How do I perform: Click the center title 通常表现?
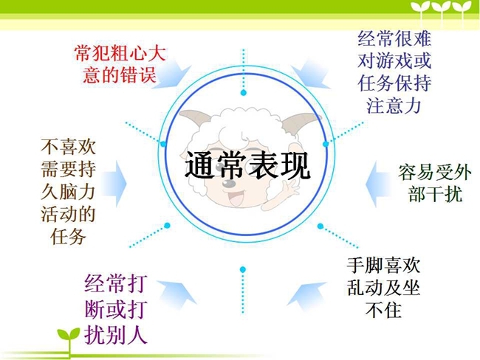pyautogui.click(x=247, y=166)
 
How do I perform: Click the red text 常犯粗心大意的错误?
pyautogui.click(x=120, y=64)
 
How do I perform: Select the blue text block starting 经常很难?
pyautogui.click(x=394, y=72)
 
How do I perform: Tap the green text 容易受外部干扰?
pyautogui.click(x=434, y=183)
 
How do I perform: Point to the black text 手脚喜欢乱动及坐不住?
pyautogui.click(x=383, y=288)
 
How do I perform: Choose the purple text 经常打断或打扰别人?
pyautogui.click(x=116, y=309)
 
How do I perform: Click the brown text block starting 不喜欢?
pyautogui.click(x=68, y=192)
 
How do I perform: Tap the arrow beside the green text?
pyautogui.click(x=378, y=184)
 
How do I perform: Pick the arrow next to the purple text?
pyautogui.click(x=177, y=293)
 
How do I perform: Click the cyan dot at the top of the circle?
pyautogui.click(x=244, y=93)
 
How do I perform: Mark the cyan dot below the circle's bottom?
pyautogui.click(x=243, y=269)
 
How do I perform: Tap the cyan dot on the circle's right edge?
pyautogui.click(x=326, y=144)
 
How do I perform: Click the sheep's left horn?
pyautogui.click(x=193, y=118)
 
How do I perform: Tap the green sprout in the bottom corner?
pyautogui.click(x=69, y=340)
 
